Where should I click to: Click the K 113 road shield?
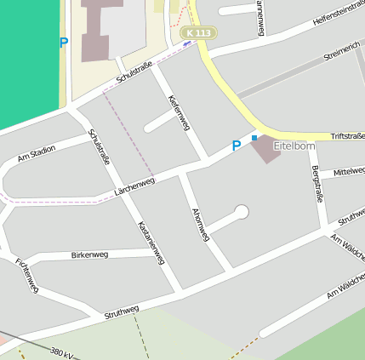click(x=197, y=32)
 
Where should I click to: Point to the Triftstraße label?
click(x=347, y=136)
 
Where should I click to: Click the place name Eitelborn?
click(x=294, y=146)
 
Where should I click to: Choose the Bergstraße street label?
click(x=318, y=183)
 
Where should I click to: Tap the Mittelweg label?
click(x=349, y=172)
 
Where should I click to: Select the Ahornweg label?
click(x=201, y=223)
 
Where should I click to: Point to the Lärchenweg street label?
click(x=134, y=187)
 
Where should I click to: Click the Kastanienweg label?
click(x=151, y=243)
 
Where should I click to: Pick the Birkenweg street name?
click(x=89, y=254)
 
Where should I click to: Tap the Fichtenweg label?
click(x=27, y=275)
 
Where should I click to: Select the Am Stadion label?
click(x=37, y=152)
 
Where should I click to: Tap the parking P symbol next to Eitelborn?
click(x=237, y=146)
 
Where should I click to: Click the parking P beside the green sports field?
click(x=63, y=43)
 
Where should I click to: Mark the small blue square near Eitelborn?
click(x=254, y=137)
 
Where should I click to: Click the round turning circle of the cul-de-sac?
click(x=242, y=211)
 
